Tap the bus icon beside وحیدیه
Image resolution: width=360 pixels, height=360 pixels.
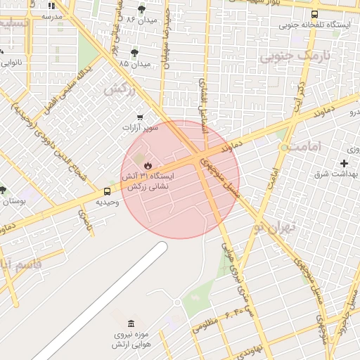click(108, 191)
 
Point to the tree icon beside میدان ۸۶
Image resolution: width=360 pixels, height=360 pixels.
click(143, 9)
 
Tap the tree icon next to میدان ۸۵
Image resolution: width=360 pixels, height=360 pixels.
click(135, 52)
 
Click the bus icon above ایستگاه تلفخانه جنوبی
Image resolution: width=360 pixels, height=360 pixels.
click(314, 14)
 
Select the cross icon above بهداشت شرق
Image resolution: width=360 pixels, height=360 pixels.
click(344, 162)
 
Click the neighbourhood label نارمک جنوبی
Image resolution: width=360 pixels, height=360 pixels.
click(295, 56)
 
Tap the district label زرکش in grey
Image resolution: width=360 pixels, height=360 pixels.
click(120, 89)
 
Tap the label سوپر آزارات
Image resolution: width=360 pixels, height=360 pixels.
click(140, 128)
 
